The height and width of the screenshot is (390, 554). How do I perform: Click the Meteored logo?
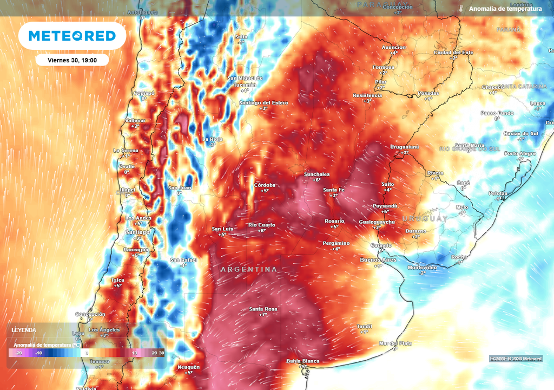click(72, 36)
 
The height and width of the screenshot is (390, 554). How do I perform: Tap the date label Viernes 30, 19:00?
click(72, 60)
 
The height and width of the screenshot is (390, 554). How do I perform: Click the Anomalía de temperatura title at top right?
click(505, 9)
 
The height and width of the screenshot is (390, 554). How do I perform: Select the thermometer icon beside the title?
click(461, 9)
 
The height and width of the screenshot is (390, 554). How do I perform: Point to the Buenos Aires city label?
click(378, 260)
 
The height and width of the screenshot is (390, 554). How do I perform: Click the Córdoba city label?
click(265, 185)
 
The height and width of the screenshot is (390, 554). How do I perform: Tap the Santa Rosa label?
click(263, 309)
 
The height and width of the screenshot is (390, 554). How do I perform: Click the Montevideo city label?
click(422, 268)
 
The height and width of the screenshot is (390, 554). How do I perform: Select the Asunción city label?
click(393, 47)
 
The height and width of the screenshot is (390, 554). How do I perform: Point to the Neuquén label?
click(188, 367)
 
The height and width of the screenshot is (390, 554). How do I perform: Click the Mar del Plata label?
click(395, 343)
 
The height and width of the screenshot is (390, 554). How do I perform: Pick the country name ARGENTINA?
click(249, 269)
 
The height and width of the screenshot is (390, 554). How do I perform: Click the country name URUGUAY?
click(425, 218)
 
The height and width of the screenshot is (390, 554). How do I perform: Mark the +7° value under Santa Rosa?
click(263, 315)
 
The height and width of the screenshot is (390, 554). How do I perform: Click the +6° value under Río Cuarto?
click(262, 231)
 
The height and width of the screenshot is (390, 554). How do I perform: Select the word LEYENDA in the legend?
click(24, 330)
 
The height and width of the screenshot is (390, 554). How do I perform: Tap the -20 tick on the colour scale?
click(18, 353)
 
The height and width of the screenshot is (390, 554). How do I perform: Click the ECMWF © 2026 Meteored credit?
click(516, 359)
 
